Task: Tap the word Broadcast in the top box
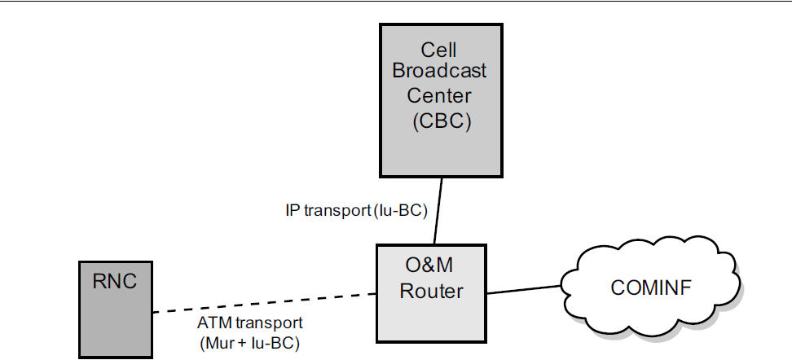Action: (x=439, y=70)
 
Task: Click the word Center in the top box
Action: (x=439, y=96)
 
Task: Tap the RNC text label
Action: (x=115, y=282)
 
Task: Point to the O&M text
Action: (x=429, y=266)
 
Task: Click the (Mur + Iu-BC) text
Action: (x=249, y=343)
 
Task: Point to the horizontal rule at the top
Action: (x=396, y=2)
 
